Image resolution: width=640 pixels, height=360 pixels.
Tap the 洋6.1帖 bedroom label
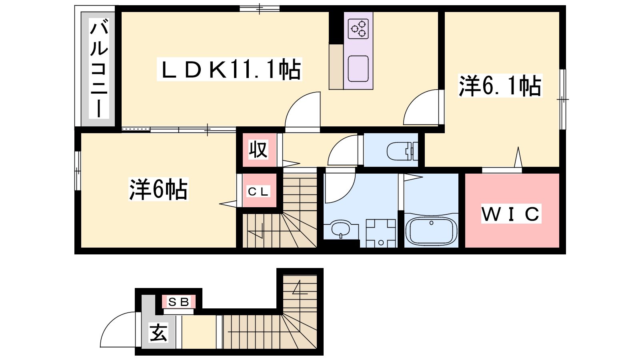500,86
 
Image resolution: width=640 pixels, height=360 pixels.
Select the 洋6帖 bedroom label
158,189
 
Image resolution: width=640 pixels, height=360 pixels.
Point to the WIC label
511,214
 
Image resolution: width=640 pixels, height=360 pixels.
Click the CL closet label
258,192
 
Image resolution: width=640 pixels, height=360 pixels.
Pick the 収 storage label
258,149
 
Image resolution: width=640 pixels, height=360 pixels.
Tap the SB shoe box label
179,302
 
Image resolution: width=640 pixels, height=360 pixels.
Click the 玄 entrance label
158,332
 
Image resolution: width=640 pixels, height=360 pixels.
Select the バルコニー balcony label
99,68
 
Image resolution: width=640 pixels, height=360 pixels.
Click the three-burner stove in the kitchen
358,28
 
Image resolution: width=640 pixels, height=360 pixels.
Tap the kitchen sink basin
358,69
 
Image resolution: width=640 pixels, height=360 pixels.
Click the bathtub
432,231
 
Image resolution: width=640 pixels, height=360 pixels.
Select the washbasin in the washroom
340,229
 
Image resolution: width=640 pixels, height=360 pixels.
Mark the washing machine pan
381,233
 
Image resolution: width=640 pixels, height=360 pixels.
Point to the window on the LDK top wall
260,8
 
